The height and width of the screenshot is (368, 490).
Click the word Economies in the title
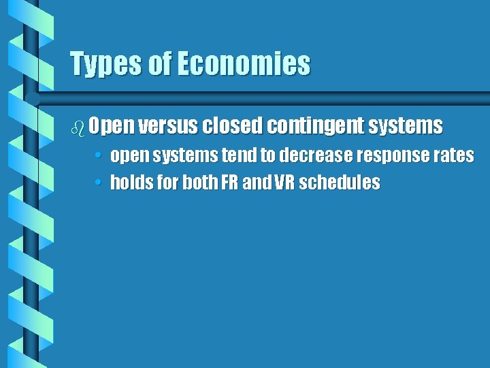coord(243,65)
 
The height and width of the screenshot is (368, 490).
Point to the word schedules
coord(344,183)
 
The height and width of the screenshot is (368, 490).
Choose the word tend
coord(244,155)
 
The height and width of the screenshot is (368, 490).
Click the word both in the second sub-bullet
coord(200,183)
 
